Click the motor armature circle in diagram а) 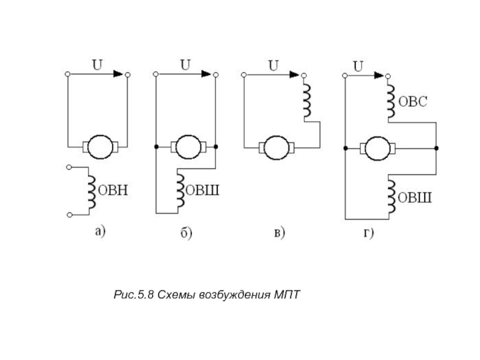(97, 145)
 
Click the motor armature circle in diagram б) (186, 146)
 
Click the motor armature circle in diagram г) (377, 146)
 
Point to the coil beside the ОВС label (390, 100)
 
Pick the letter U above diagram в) (272, 65)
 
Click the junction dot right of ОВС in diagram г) (436, 147)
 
